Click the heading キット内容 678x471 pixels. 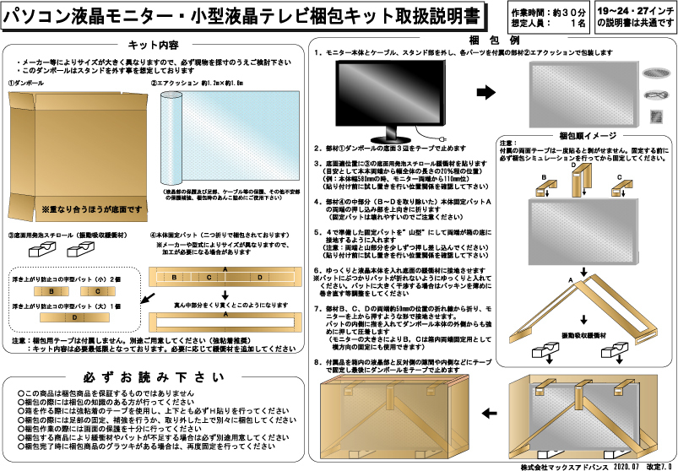[x=153, y=45]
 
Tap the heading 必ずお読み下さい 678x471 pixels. [x=154, y=376]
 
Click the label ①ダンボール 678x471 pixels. [x=26, y=83]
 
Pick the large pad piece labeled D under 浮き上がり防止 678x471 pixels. [x=75, y=318]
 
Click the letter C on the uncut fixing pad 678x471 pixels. [x=208, y=276]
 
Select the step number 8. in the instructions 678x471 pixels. [x=317, y=360]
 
